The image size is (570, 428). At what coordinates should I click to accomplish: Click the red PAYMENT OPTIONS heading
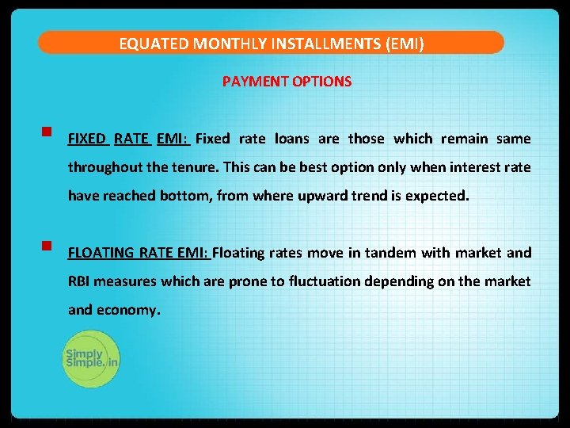[287, 82]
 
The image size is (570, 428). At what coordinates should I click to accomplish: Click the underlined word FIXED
[87, 139]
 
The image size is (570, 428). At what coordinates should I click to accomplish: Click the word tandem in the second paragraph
[385, 253]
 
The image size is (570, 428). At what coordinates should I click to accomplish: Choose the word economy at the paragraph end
[127, 310]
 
